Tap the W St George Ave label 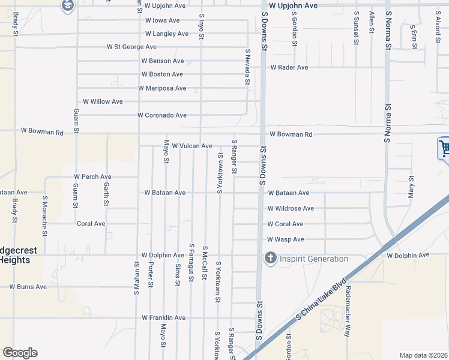click(131, 47)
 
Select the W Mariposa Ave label click(162, 88)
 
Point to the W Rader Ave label click(289, 67)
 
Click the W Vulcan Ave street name click(192, 146)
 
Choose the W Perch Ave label click(92, 177)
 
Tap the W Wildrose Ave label click(291, 208)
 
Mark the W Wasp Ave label click(286, 239)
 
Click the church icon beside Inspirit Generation click(270, 259)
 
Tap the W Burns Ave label click(28, 287)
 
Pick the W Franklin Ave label click(163, 317)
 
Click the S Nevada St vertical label click(247, 67)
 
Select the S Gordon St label click(295, 28)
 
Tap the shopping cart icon click(444, 148)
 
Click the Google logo click(20, 353)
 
